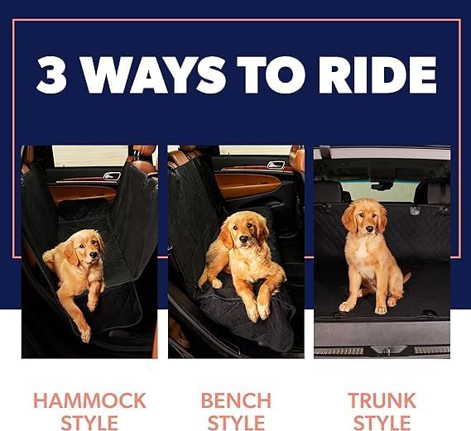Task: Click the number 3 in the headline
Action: coord(54,74)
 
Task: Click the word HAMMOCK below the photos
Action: coord(89,400)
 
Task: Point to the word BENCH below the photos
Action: coord(236,400)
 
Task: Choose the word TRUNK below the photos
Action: coord(382,400)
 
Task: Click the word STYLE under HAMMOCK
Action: coord(89,422)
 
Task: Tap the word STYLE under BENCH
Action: coord(236,422)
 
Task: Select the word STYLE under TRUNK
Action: coord(382,422)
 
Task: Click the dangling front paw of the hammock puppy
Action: coord(84,332)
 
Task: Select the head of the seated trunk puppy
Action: coord(364,216)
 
